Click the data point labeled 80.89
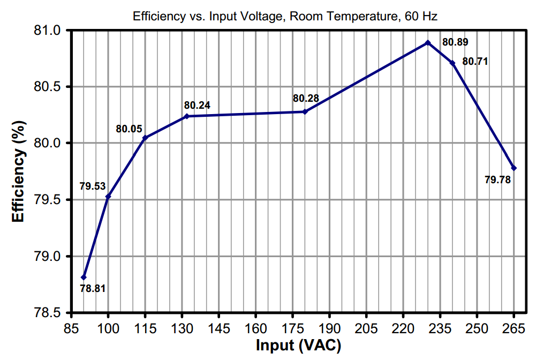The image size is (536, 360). pyautogui.click(x=428, y=43)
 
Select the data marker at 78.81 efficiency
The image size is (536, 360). pyautogui.click(x=84, y=277)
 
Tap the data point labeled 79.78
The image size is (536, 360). pyautogui.click(x=514, y=168)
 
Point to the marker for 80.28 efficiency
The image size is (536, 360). pyautogui.click(x=305, y=111)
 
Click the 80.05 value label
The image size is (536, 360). pyautogui.click(x=129, y=129)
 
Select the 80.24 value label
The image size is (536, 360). pyautogui.click(x=198, y=105)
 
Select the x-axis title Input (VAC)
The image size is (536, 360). pyautogui.click(x=298, y=346)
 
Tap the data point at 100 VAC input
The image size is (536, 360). pyautogui.click(x=108, y=197)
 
